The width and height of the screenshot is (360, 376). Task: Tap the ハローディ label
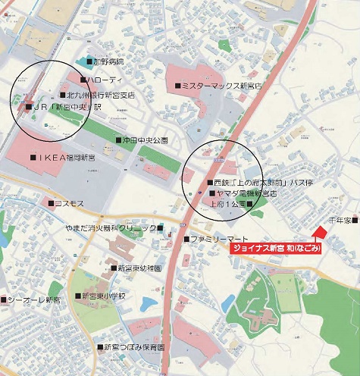104,80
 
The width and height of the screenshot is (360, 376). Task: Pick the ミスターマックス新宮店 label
219,86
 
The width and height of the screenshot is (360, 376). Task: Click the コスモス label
67,203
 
